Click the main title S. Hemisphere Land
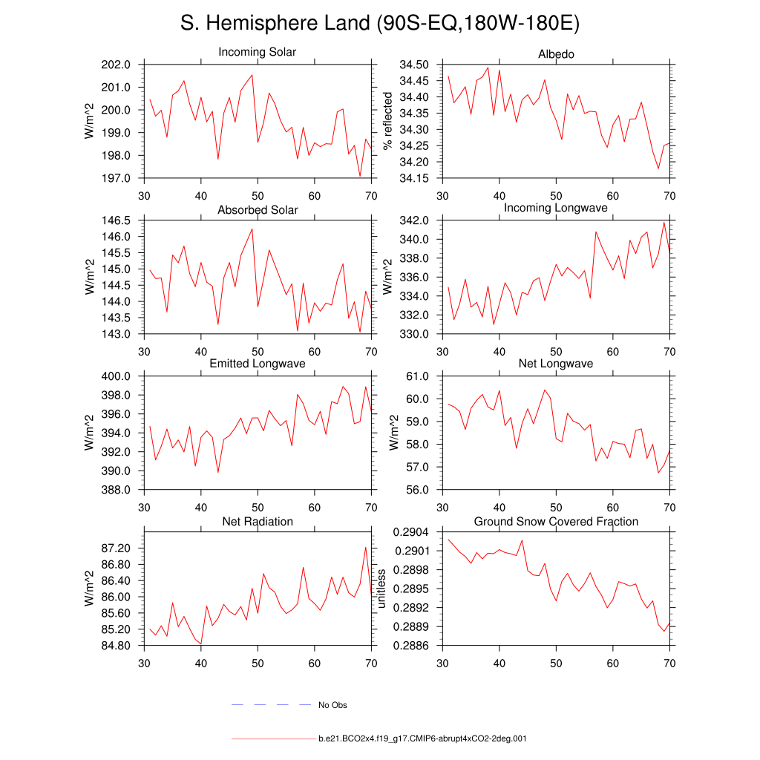[x=379, y=24]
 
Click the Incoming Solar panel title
[x=257, y=53]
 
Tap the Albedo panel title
[x=556, y=55]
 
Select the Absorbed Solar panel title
[x=258, y=210]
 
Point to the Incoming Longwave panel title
[x=556, y=208]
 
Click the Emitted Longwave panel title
[x=258, y=364]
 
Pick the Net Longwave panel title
[x=556, y=364]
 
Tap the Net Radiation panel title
[x=258, y=522]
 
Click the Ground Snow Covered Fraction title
[x=556, y=522]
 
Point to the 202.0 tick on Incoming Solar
[x=117, y=65]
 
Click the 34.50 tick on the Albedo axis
[x=413, y=65]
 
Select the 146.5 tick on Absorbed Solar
[x=117, y=220]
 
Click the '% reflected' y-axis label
[x=387, y=121]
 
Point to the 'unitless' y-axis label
[x=382, y=589]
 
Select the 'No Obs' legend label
[x=332, y=705]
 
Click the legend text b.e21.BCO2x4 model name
[x=422, y=739]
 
